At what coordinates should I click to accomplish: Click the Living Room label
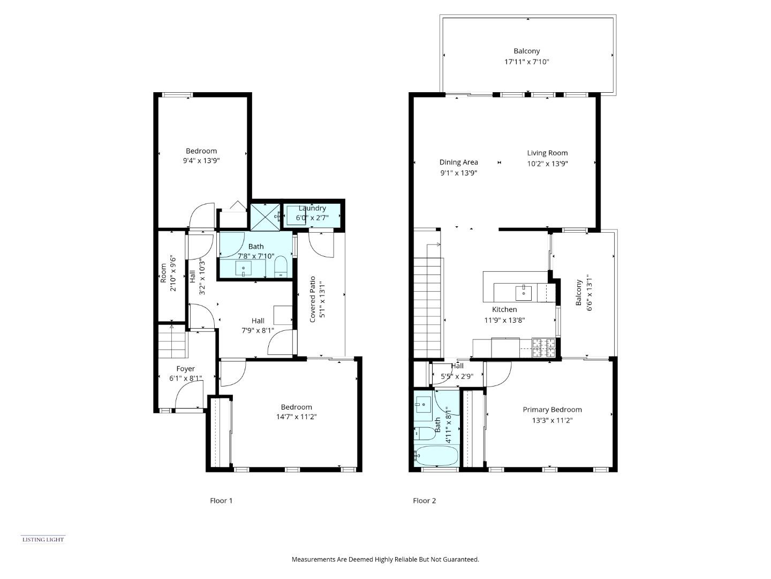pyautogui.click(x=547, y=153)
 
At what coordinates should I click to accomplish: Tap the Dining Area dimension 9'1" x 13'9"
pyautogui.click(x=458, y=173)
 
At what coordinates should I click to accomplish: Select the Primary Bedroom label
pyautogui.click(x=552, y=410)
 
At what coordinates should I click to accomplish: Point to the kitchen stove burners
pyautogui.click(x=543, y=348)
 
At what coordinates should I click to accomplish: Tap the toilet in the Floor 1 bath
pyautogui.click(x=281, y=266)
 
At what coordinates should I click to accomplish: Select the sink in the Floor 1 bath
pyautogui.click(x=244, y=268)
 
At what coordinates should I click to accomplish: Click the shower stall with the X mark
pyautogui.click(x=265, y=216)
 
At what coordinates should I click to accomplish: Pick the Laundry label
pyautogui.click(x=312, y=208)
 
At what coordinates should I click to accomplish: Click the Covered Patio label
pyautogui.click(x=313, y=299)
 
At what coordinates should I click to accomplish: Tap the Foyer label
pyautogui.click(x=186, y=369)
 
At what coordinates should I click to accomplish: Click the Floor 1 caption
pyautogui.click(x=221, y=501)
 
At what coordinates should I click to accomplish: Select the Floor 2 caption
pyautogui.click(x=424, y=501)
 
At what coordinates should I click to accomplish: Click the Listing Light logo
pyautogui.click(x=43, y=539)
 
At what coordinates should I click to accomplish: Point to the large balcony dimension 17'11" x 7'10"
pyautogui.click(x=527, y=62)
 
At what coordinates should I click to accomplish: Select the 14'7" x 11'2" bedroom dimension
pyautogui.click(x=296, y=417)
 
